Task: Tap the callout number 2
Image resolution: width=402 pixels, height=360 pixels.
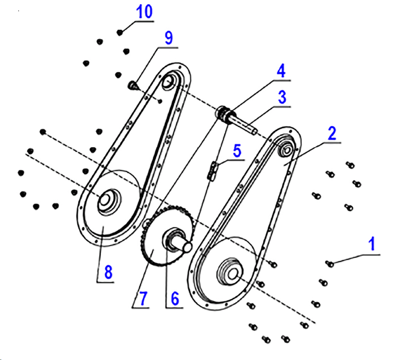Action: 331,134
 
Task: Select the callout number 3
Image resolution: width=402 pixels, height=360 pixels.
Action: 282,97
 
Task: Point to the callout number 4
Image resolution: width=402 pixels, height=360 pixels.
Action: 281,71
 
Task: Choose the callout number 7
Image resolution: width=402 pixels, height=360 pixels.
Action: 143,297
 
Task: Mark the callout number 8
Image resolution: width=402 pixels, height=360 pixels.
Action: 108,272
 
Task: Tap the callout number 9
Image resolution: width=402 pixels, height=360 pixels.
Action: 168,38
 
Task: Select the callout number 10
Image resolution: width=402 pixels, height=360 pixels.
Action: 144,12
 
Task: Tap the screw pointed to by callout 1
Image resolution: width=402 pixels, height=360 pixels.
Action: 330,263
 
